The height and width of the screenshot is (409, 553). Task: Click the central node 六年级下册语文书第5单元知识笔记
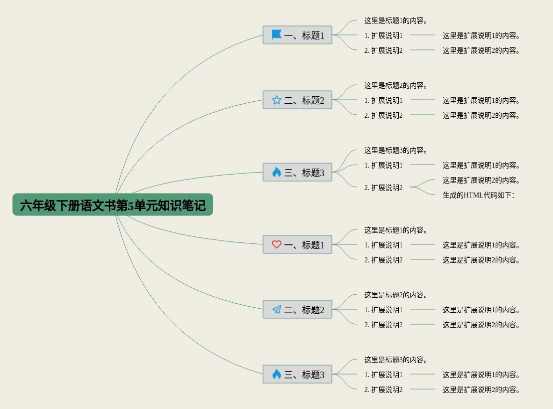point(113,205)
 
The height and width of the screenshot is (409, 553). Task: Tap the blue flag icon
point(276,35)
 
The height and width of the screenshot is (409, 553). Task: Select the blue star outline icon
point(276,100)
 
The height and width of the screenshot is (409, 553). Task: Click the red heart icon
point(276,244)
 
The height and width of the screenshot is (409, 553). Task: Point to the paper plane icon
point(276,310)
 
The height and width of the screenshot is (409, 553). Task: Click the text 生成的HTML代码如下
point(478,195)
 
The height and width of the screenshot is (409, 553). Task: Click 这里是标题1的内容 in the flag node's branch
point(396,21)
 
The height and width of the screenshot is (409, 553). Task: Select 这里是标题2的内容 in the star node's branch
point(396,86)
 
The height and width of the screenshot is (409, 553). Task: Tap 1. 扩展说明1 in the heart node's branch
point(383,245)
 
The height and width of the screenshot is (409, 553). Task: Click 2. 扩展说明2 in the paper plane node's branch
point(383,325)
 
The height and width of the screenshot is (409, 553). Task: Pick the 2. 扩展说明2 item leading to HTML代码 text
point(383,188)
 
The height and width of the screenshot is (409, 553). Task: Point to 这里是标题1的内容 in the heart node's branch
point(396,230)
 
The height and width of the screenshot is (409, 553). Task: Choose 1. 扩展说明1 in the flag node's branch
point(383,35)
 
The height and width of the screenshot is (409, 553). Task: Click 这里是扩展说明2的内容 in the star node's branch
point(481,115)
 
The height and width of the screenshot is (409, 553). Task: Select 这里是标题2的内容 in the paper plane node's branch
point(396,295)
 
